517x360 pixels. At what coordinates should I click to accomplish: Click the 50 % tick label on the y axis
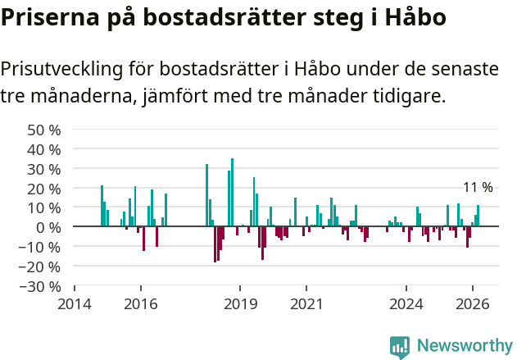click(x=44, y=130)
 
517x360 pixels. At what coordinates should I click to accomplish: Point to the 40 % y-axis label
click(x=44, y=149)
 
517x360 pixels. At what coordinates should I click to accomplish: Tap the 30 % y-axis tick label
click(x=44, y=169)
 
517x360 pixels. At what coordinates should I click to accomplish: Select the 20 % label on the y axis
click(x=44, y=189)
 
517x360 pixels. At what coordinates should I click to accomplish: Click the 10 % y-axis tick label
click(x=44, y=207)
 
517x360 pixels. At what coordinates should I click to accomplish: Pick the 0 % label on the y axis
click(x=48, y=227)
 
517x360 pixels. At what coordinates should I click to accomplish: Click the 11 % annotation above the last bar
click(x=478, y=188)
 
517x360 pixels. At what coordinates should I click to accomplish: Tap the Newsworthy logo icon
click(x=400, y=346)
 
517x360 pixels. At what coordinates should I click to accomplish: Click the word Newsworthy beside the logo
click(x=464, y=346)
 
